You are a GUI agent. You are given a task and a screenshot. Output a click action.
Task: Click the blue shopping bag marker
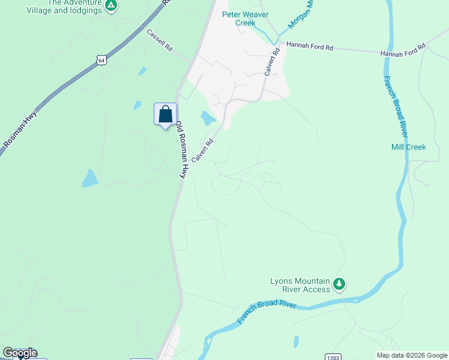coord(165,114)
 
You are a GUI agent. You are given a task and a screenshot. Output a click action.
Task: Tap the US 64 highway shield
coord(100,60)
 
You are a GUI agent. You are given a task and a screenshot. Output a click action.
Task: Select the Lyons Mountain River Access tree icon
coord(340,283)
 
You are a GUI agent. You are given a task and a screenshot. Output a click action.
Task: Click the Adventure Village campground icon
coord(110,6)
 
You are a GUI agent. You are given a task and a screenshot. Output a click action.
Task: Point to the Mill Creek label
coord(408,147)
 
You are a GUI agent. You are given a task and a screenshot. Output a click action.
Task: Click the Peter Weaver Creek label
coord(237,19)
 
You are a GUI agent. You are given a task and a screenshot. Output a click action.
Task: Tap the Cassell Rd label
coord(160,40)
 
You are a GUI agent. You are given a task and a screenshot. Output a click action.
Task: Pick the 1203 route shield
coord(334,357)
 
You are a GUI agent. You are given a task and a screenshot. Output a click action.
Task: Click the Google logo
coord(20,353)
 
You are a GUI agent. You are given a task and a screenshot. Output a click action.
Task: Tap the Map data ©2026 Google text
coord(411,355)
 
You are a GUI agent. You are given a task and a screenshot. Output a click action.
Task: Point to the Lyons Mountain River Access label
coord(300,285)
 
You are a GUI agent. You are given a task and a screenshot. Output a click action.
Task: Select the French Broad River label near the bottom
coord(267,311)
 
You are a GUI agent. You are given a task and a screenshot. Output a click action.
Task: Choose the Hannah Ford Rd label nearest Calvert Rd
coord(309,46)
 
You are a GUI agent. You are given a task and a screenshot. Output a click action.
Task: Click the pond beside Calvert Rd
coord(208,118)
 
